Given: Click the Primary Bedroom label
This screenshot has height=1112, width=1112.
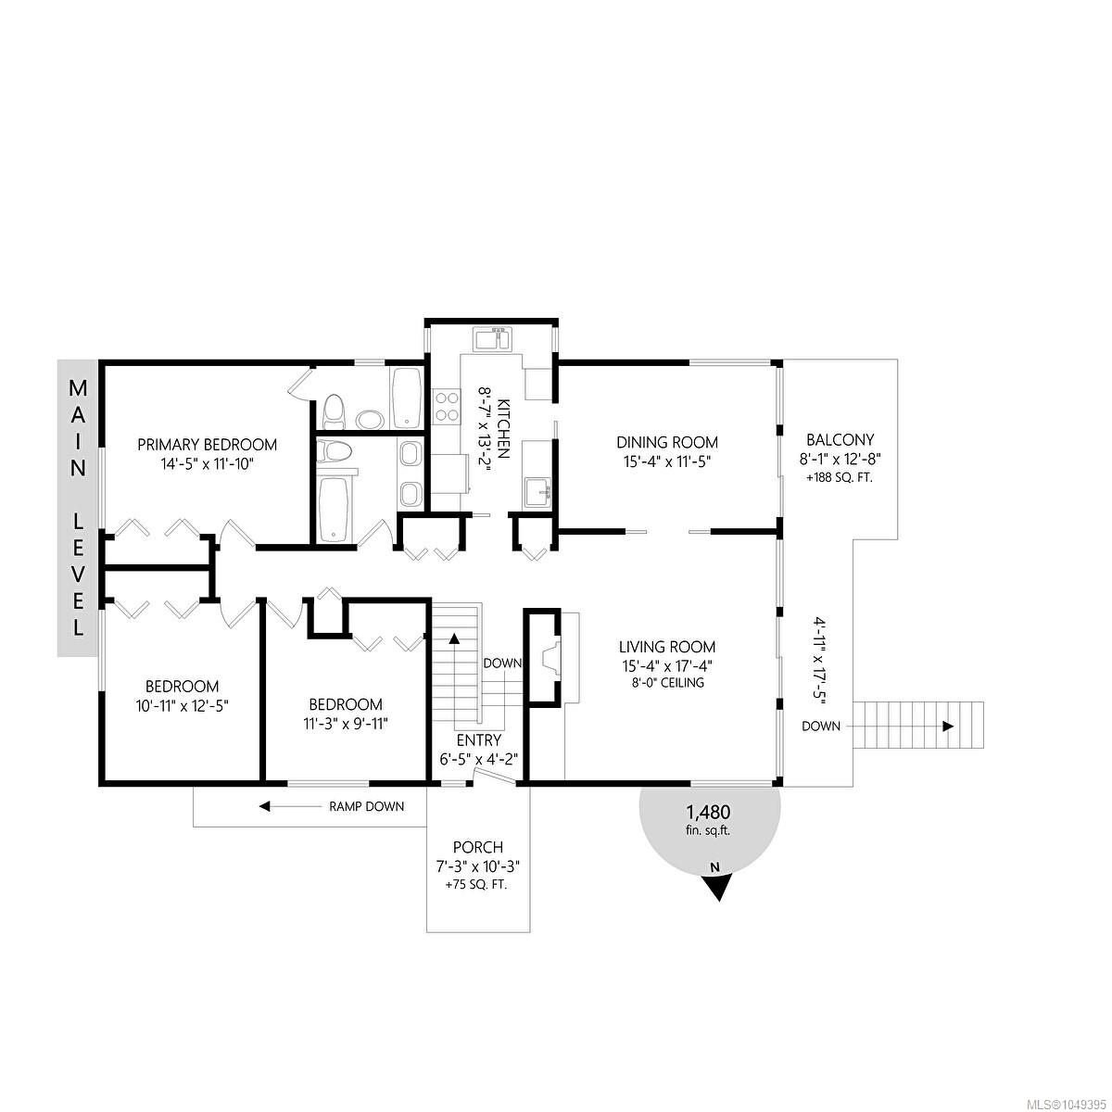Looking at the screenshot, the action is [208, 445].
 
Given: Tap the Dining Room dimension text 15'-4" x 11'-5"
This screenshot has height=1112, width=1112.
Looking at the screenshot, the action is [667, 461].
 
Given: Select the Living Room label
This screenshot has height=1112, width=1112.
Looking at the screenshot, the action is [667, 647].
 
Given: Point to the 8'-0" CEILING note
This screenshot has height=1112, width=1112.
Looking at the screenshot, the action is [667, 683].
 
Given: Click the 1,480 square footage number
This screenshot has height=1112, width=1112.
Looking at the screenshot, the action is [708, 813].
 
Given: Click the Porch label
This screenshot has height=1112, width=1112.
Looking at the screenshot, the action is [478, 847].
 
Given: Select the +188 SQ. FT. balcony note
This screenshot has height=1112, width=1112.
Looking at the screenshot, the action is [840, 478].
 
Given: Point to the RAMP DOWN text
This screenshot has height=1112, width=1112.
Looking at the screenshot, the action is [366, 807].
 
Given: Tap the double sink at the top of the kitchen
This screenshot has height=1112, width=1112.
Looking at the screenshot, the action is [492, 339].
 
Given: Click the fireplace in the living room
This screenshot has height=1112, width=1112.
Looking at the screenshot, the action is [550, 658].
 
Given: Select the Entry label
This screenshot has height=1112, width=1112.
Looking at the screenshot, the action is [479, 740].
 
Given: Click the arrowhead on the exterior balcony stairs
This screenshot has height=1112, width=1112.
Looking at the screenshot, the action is [948, 727].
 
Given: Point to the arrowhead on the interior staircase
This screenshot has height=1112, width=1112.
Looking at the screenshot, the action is [454, 638].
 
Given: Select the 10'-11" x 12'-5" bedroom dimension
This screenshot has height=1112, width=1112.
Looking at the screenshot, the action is [183, 706].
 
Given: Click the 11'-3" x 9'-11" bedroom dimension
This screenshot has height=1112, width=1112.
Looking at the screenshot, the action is [346, 724].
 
